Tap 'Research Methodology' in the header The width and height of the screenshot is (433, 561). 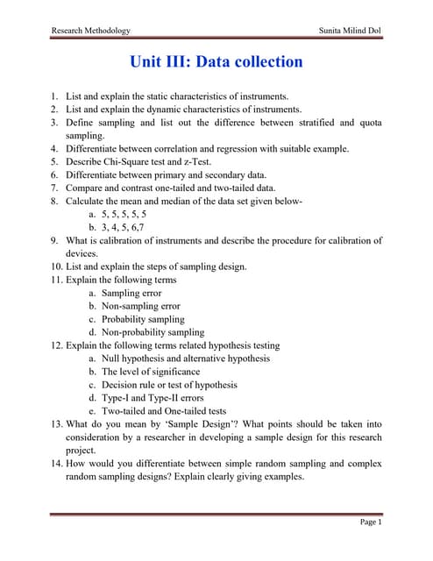click(91, 30)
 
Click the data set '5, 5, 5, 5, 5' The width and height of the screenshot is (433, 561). click(124, 213)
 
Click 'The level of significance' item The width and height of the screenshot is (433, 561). click(150, 372)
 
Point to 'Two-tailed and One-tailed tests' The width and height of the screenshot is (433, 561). click(164, 410)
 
